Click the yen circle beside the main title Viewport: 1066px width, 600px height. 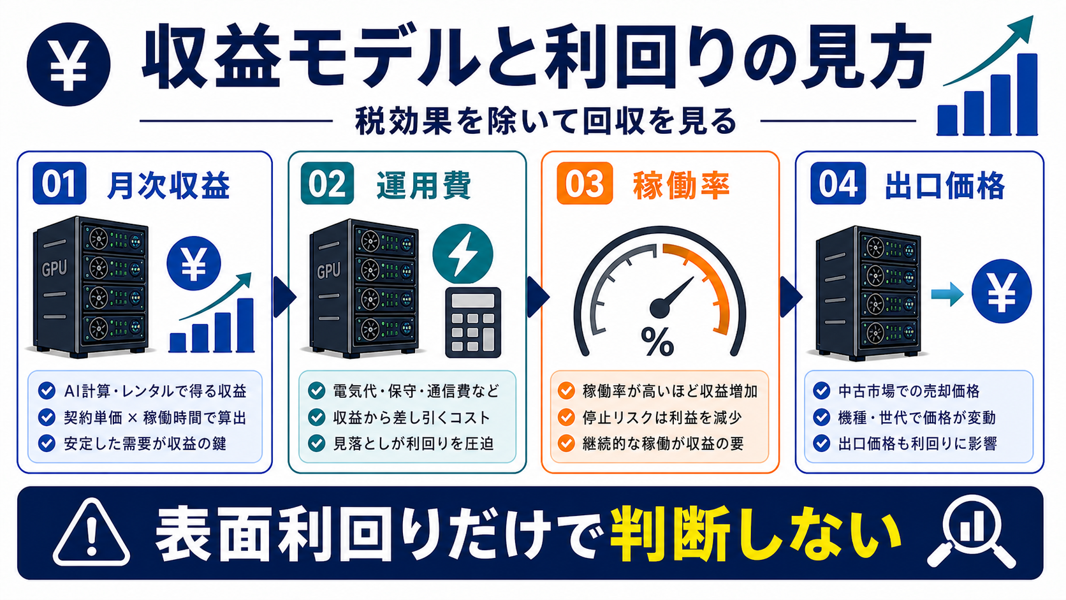(68, 64)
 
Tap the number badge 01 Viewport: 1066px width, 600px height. (59, 183)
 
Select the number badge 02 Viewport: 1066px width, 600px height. (328, 183)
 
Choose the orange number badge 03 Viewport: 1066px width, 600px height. (585, 183)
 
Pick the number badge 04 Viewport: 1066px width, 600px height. (838, 183)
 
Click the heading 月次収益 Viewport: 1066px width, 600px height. (169, 185)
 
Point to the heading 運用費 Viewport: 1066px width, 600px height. (423, 185)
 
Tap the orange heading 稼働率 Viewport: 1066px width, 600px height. (681, 185)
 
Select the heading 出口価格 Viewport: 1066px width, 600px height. (945, 185)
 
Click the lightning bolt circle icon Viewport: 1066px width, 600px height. (463, 254)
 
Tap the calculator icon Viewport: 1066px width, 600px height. (473, 322)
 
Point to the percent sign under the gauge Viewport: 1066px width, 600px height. (657, 341)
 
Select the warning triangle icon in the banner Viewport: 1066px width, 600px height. (91, 533)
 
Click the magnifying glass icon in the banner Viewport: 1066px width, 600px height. (971, 532)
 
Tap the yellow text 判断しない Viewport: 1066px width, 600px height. (756, 533)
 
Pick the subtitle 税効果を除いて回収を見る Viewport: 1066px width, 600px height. (546, 121)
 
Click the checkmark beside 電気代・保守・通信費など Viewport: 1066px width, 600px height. (316, 391)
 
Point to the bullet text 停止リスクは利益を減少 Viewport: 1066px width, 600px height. (662, 417)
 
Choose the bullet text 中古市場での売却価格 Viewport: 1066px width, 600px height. (909, 391)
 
